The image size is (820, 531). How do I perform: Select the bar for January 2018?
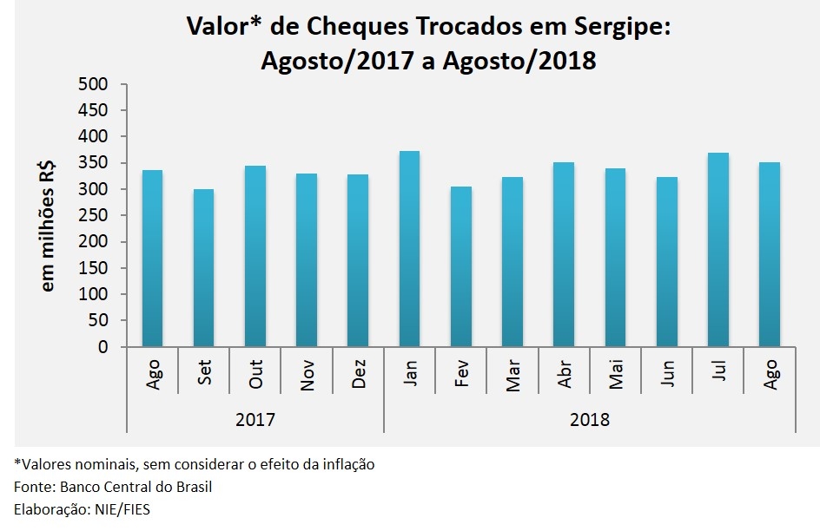pos(409,249)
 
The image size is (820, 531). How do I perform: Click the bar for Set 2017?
pos(203,268)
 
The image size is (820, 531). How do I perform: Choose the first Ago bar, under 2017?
pos(152,259)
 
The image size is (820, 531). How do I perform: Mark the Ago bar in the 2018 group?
pos(769,254)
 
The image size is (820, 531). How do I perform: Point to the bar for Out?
pos(255,256)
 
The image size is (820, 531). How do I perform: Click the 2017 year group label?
pos(255,419)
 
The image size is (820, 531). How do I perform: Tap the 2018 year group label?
pos(589,419)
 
